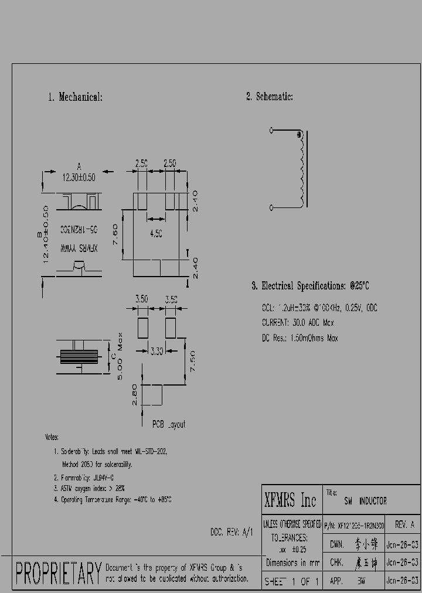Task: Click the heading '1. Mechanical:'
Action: (x=75, y=97)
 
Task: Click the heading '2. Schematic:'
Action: (x=269, y=97)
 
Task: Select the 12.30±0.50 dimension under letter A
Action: (x=79, y=175)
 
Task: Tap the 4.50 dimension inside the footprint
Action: (x=155, y=233)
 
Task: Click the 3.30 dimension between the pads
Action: (x=156, y=350)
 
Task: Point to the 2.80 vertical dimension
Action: (x=134, y=394)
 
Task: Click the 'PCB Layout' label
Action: (x=169, y=424)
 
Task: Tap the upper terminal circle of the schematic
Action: (x=271, y=131)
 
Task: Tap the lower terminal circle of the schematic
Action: (x=271, y=207)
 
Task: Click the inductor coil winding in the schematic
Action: (x=301, y=170)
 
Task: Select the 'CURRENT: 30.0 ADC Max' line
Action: (x=298, y=323)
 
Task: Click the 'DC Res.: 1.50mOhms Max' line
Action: (x=300, y=338)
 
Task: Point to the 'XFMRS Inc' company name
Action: (x=290, y=500)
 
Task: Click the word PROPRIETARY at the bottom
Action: (x=58, y=574)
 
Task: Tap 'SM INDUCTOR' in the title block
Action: (x=365, y=501)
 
